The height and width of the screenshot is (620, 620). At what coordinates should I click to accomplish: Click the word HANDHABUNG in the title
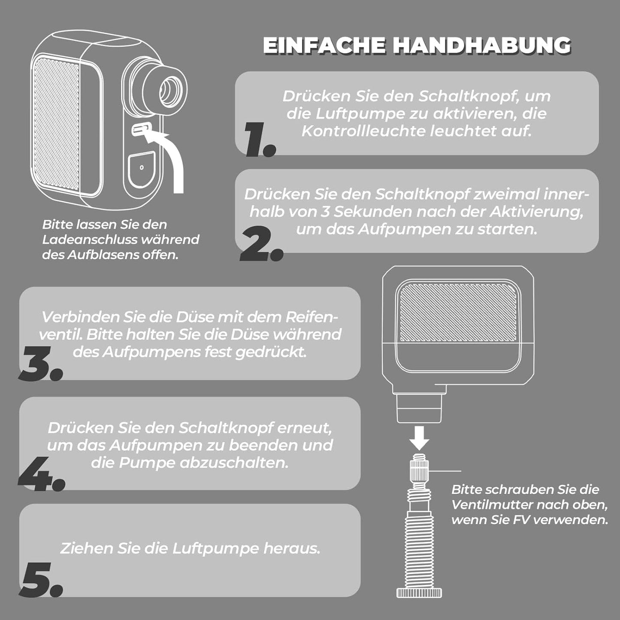pyautogui.click(x=482, y=45)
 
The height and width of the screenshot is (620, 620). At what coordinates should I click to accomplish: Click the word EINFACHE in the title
pyautogui.click(x=324, y=45)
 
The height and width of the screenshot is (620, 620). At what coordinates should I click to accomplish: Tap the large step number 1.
pyautogui.click(x=259, y=140)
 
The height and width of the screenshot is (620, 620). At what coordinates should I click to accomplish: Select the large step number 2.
pyautogui.click(x=261, y=244)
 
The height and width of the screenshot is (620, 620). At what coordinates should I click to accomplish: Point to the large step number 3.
pyautogui.click(x=41, y=363)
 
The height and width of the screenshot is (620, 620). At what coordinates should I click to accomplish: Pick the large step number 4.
pyautogui.click(x=41, y=474)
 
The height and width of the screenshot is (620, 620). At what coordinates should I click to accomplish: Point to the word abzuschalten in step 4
pyautogui.click(x=233, y=463)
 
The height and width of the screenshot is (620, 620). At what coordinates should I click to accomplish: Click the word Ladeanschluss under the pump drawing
pyautogui.click(x=90, y=240)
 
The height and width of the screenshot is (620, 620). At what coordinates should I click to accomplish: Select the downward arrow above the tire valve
pyautogui.click(x=420, y=438)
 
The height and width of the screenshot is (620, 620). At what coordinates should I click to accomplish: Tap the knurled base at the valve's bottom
pyautogui.click(x=419, y=592)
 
